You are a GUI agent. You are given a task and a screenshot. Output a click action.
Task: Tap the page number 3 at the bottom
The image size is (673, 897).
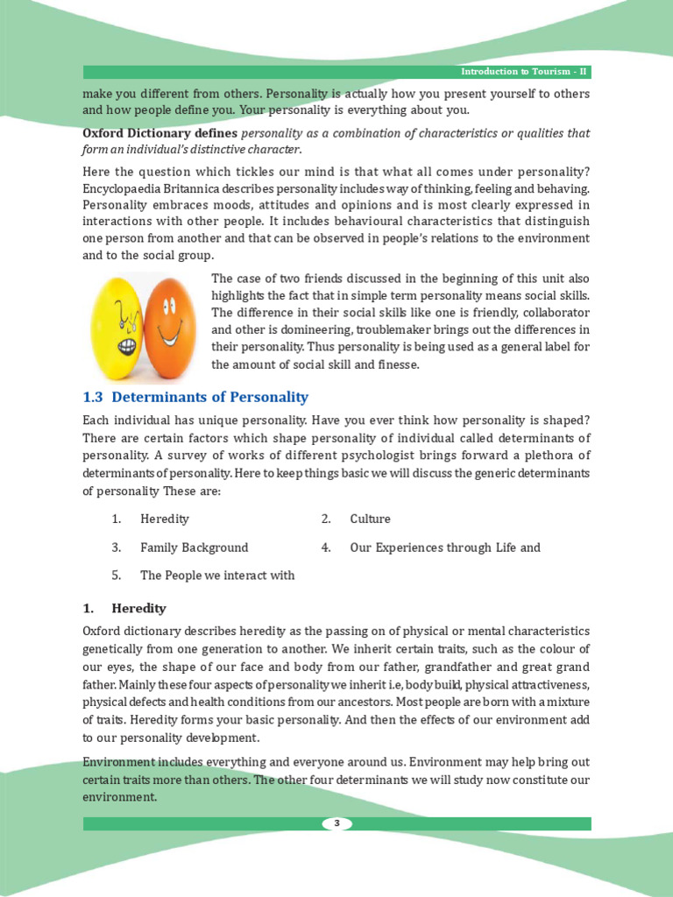(336, 823)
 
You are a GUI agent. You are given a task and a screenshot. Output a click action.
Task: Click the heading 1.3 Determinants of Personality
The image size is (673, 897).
(195, 397)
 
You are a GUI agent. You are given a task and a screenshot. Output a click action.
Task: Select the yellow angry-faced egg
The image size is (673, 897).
(118, 323)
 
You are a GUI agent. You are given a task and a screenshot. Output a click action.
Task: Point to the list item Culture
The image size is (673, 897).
(370, 519)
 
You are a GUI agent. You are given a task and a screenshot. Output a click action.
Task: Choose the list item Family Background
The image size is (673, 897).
(194, 547)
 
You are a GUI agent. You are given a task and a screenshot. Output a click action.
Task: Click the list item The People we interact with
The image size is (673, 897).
(217, 576)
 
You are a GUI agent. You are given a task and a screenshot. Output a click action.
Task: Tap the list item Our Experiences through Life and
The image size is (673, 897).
(445, 547)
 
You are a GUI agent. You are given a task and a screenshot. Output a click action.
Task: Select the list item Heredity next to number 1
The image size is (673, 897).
(164, 519)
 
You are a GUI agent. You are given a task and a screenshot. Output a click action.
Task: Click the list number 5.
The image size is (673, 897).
(116, 576)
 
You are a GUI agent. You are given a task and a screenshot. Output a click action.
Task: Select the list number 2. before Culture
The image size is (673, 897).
(326, 519)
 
